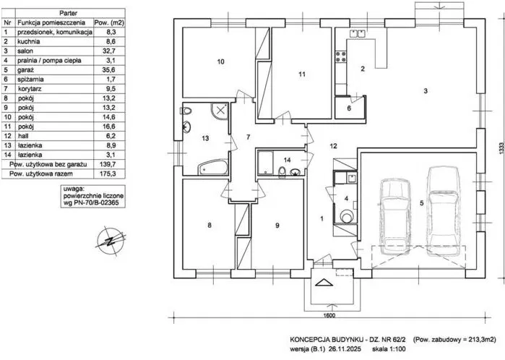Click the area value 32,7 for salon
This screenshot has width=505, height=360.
[111, 51]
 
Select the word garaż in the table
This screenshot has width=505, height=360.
[26, 70]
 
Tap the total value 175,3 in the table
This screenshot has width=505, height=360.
[110, 173]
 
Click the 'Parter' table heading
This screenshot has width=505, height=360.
[69, 13]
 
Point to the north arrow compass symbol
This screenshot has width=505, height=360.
[110, 241]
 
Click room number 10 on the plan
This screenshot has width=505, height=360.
[220, 61]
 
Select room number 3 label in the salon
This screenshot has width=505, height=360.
[426, 91]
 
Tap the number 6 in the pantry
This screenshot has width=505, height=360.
[349, 108]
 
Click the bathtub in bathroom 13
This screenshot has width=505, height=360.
[212, 168]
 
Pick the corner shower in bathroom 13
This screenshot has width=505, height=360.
[220, 111]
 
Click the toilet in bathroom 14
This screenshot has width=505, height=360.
[282, 172]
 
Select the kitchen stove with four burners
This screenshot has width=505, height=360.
[341, 56]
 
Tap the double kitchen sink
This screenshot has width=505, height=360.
[357, 33]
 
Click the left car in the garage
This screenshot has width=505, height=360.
[395, 218]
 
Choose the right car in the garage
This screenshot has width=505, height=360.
[443, 211]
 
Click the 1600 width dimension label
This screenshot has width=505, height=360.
[329, 315]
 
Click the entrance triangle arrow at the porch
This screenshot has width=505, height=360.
[324, 282]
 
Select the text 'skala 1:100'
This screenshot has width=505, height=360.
[389, 349]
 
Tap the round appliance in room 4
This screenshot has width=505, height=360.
[347, 215]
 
